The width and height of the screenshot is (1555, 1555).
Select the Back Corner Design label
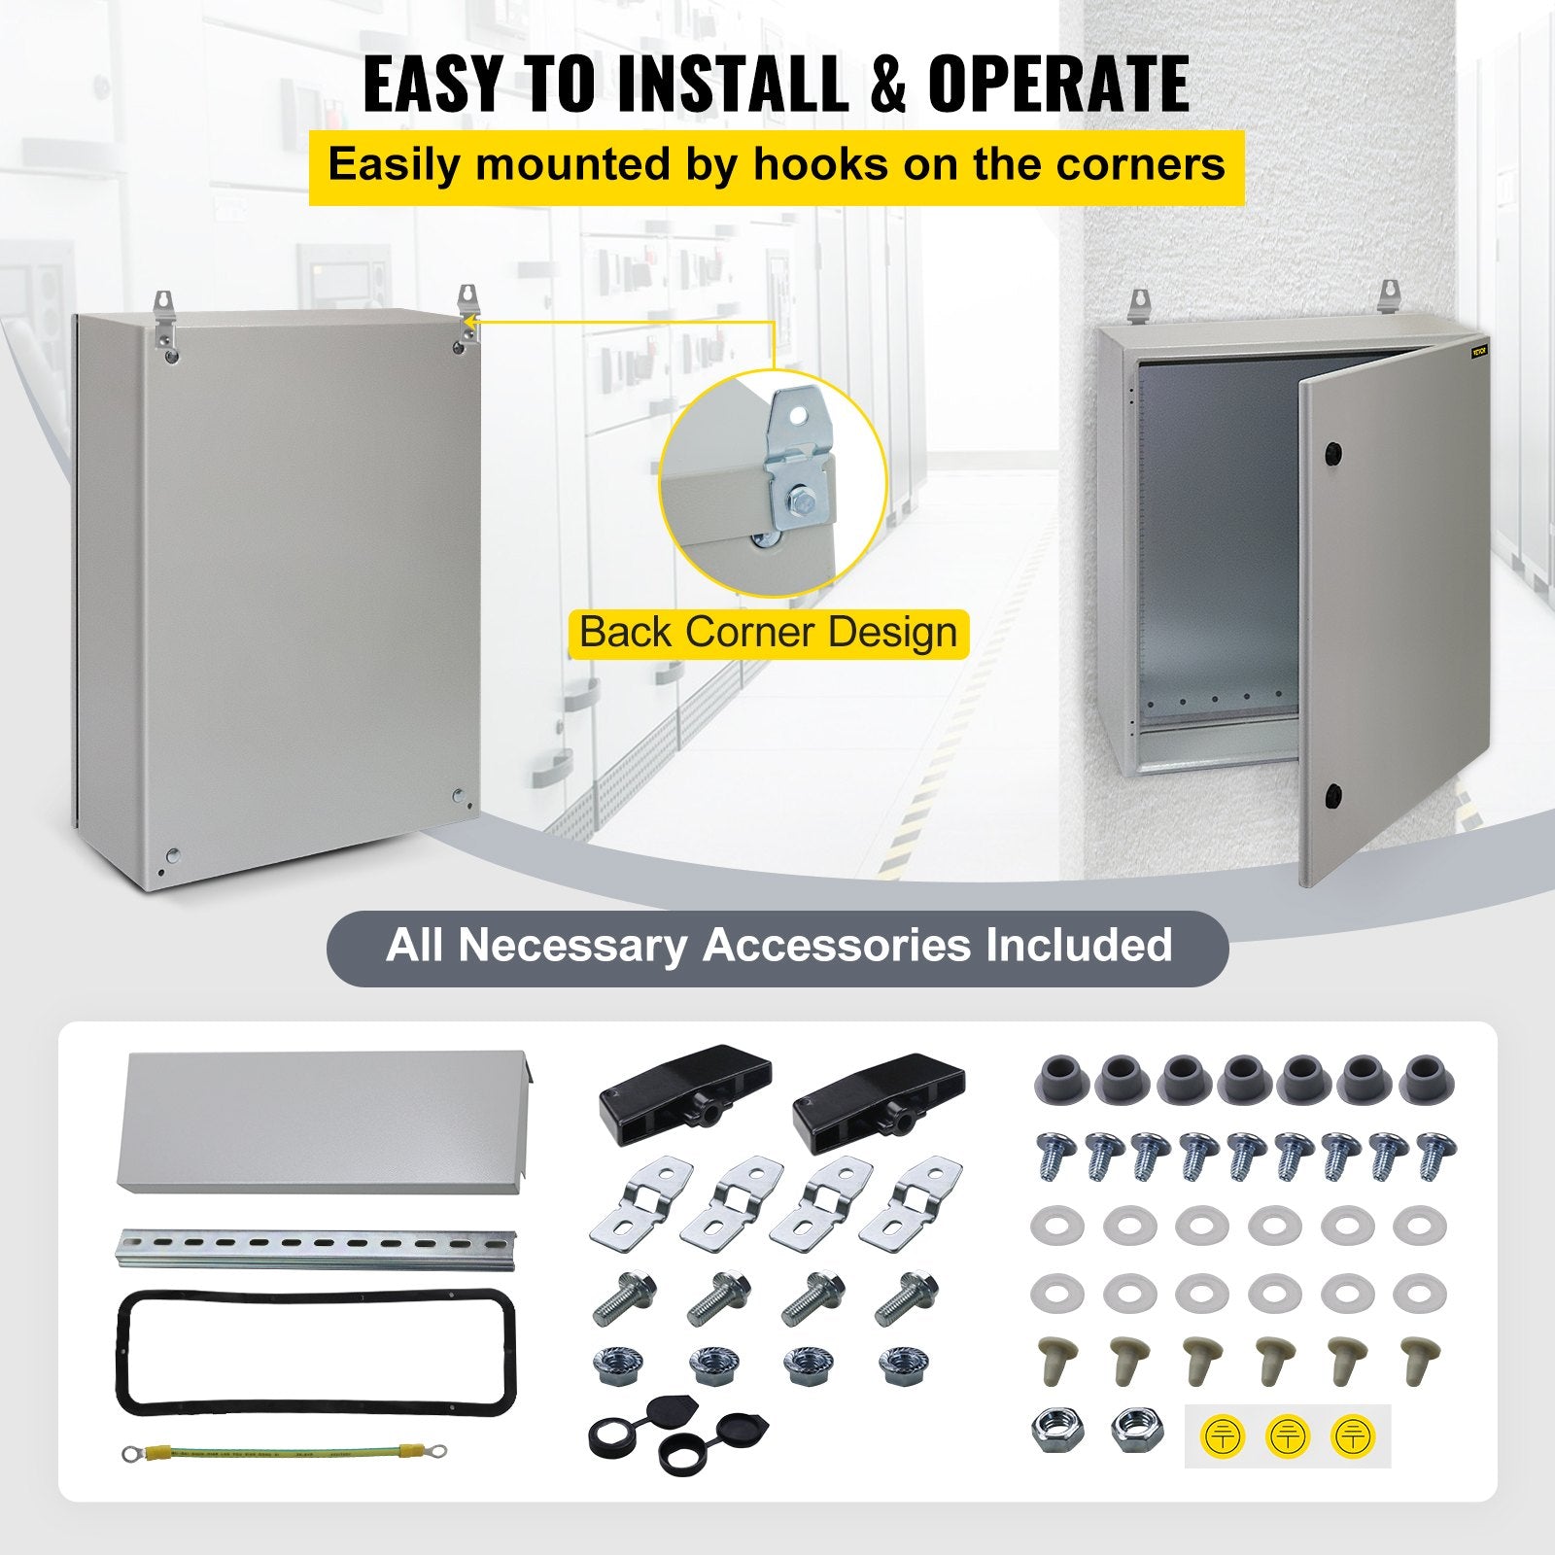coord(768,634)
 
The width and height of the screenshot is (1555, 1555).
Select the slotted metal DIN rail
coord(317,1249)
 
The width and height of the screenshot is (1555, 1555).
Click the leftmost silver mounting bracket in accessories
coord(639,1201)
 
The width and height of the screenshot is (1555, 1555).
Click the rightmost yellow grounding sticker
coord(1351,1435)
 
